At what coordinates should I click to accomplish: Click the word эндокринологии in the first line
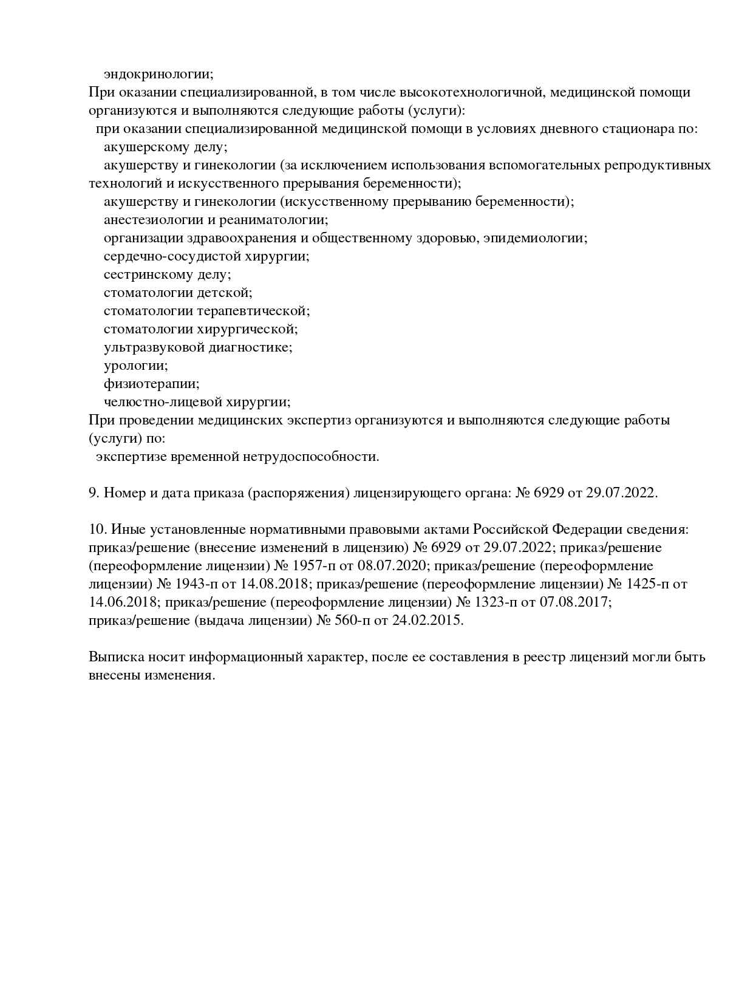[158, 75]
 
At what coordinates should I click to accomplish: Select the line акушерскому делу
[165, 148]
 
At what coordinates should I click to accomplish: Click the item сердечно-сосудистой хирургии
[206, 256]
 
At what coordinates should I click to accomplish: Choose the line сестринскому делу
[167, 274]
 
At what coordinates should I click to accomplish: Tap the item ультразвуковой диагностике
[198, 347]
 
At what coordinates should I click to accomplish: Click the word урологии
[135, 366]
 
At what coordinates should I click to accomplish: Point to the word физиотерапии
[151, 384]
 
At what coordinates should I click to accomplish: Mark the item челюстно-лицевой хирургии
[197, 402]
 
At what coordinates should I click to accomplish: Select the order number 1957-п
[313, 566]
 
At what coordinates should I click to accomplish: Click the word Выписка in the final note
[114, 657]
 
